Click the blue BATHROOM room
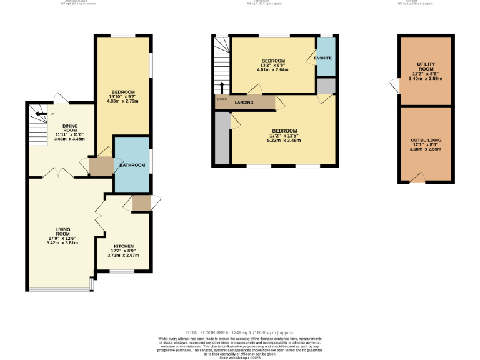pos(132,165)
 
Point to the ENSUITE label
pos(322,58)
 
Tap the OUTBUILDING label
pos(426,141)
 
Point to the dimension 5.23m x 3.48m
pos(284,141)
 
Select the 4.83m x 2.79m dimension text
pos(122,101)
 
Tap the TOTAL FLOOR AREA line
pos(240,332)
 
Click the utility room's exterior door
pos(394,84)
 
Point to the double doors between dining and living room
pos(59,172)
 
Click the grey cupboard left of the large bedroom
pos(222,139)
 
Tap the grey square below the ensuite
pos(326,86)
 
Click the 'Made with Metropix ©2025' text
pos(240,356)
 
